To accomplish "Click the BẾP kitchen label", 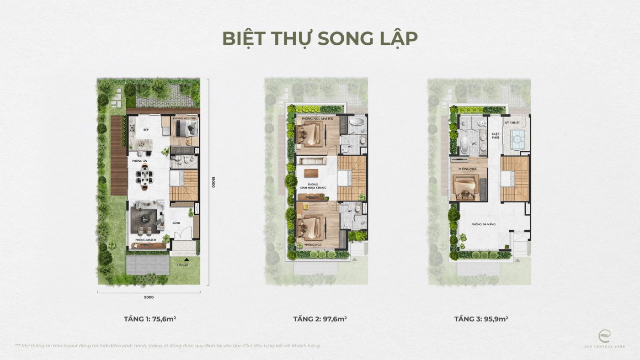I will [146, 130].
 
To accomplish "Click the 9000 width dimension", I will [149, 297].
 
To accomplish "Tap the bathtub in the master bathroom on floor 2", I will [357, 122].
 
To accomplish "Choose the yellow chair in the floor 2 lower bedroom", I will [305, 207].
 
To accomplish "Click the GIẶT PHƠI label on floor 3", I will [495, 136].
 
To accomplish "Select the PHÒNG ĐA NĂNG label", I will [484, 224].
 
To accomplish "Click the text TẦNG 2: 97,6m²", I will [320, 319].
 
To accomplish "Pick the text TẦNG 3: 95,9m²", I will [481, 319].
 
